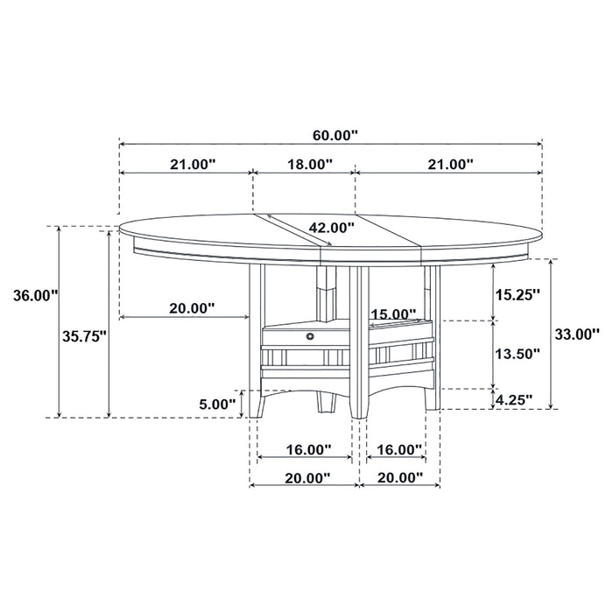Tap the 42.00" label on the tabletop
330,228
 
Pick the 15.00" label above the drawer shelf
392,314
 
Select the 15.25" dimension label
518,294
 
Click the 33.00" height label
578,333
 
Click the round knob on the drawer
311,335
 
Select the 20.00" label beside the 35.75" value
191,308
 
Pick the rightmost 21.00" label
450,164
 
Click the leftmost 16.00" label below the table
307,449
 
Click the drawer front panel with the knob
298,336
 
